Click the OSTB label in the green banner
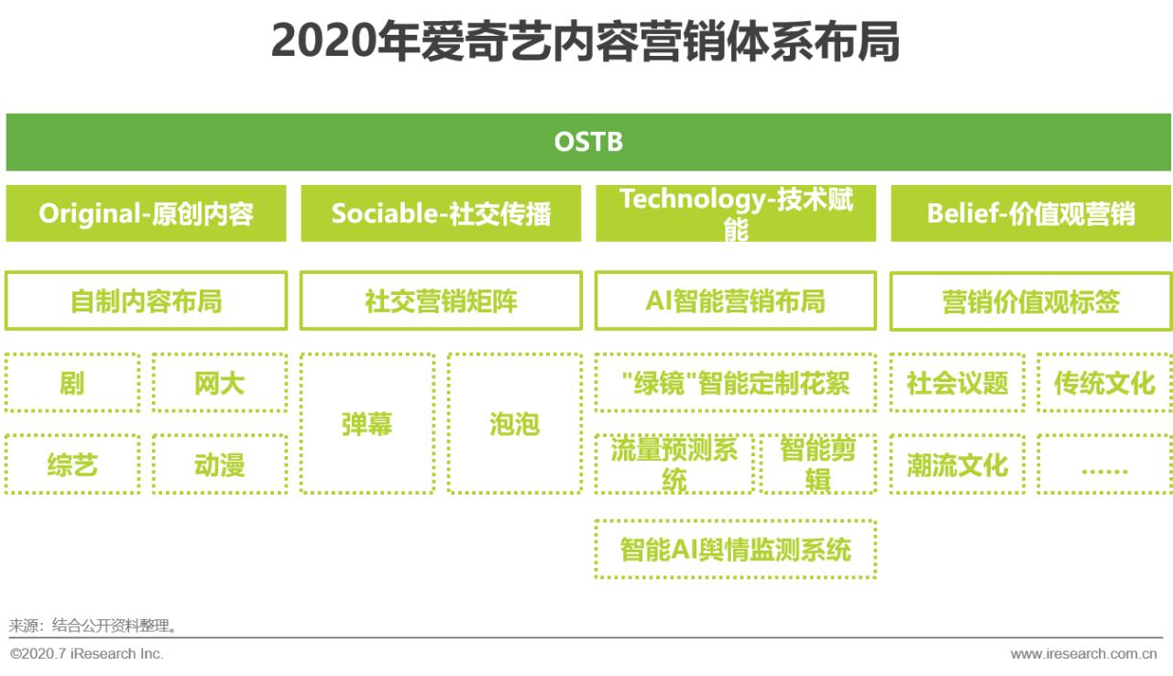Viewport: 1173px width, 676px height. (x=588, y=142)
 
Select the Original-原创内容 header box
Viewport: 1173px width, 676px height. (x=146, y=213)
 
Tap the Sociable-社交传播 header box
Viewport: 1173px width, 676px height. (x=441, y=213)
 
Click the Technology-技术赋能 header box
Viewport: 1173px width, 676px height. (x=735, y=213)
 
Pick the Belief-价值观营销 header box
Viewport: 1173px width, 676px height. (x=1030, y=213)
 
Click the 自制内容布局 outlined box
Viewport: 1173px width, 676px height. (x=146, y=300)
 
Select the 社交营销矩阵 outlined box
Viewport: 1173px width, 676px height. (x=441, y=300)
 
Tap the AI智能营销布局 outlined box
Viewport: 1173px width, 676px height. (x=735, y=300)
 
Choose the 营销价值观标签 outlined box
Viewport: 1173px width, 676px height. (x=1030, y=300)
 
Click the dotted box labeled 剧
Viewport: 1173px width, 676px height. (x=72, y=383)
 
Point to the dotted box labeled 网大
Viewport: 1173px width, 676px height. (x=219, y=383)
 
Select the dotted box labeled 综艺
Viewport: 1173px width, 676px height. (x=72, y=464)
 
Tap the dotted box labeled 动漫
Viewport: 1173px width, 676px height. (x=219, y=464)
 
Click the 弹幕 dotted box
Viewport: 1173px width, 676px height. (x=367, y=424)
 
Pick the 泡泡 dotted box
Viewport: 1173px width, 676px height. (x=514, y=424)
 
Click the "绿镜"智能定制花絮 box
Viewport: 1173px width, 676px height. (x=735, y=383)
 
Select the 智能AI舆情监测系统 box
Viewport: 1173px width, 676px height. (x=735, y=550)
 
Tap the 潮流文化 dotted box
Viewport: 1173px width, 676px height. (x=957, y=464)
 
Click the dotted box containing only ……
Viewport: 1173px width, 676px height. (x=1104, y=464)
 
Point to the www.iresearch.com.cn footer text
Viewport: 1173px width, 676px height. (x=1083, y=654)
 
